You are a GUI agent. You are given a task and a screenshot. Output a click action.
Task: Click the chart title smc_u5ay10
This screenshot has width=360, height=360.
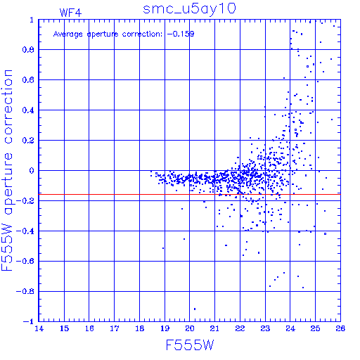point(189,9)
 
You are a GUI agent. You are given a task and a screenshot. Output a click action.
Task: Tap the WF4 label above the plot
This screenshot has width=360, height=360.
point(70,13)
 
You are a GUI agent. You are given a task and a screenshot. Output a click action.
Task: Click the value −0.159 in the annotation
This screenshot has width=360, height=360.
point(181,34)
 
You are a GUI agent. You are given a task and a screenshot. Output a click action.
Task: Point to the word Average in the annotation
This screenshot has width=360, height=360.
point(68,34)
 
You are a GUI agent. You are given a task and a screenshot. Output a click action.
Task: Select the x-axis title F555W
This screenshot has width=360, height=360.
point(190,345)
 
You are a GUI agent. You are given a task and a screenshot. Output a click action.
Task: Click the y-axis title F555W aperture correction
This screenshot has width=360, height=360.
point(7,170)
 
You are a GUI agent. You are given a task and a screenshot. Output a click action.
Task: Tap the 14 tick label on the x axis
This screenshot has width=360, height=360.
point(39,328)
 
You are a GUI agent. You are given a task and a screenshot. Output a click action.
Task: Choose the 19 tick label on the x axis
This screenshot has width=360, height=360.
point(165,328)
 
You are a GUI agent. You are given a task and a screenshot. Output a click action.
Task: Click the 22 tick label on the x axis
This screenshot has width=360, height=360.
point(240,328)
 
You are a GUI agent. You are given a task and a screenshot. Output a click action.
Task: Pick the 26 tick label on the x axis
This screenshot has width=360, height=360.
point(340,328)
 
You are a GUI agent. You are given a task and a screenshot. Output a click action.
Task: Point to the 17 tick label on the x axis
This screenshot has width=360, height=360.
point(115,328)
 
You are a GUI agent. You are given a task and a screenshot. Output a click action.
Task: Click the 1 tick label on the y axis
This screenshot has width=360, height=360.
point(32,20)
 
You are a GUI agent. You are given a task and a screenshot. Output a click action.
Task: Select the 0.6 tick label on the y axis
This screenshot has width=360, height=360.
point(28,80)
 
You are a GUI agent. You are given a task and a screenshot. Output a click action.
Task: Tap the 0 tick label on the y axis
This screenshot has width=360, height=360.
point(32,171)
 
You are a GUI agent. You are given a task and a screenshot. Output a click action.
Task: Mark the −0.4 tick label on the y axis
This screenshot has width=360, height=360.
point(25,231)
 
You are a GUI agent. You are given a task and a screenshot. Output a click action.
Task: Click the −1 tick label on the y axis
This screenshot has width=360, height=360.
point(29,321)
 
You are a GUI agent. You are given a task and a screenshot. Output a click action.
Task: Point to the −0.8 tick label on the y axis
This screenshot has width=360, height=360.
point(25,292)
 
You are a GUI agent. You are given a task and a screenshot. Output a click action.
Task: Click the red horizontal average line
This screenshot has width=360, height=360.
point(190,195)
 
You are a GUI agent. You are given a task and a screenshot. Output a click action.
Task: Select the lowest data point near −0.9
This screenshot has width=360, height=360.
point(195,309)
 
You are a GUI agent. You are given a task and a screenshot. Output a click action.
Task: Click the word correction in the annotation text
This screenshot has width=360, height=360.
point(142,34)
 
